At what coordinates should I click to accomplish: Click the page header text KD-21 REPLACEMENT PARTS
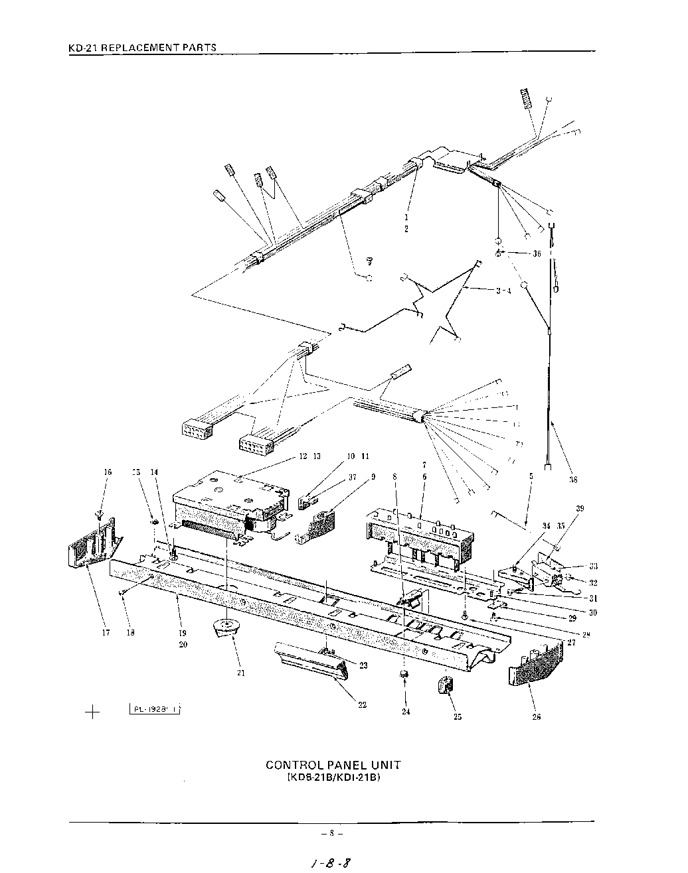pos(143,48)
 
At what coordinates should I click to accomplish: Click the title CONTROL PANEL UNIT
pos(333,765)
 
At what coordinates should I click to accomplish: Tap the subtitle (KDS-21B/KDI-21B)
pos(333,777)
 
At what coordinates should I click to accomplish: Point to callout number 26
pos(537,716)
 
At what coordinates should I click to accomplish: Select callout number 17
pos(106,633)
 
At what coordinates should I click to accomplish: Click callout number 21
pos(240,673)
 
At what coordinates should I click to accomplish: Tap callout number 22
pos(362,705)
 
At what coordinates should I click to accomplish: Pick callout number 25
pos(457,716)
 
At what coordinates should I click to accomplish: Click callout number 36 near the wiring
pos(536,253)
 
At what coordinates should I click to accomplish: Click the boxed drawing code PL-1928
pos(155,709)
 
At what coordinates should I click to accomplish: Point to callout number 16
pos(108,472)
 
